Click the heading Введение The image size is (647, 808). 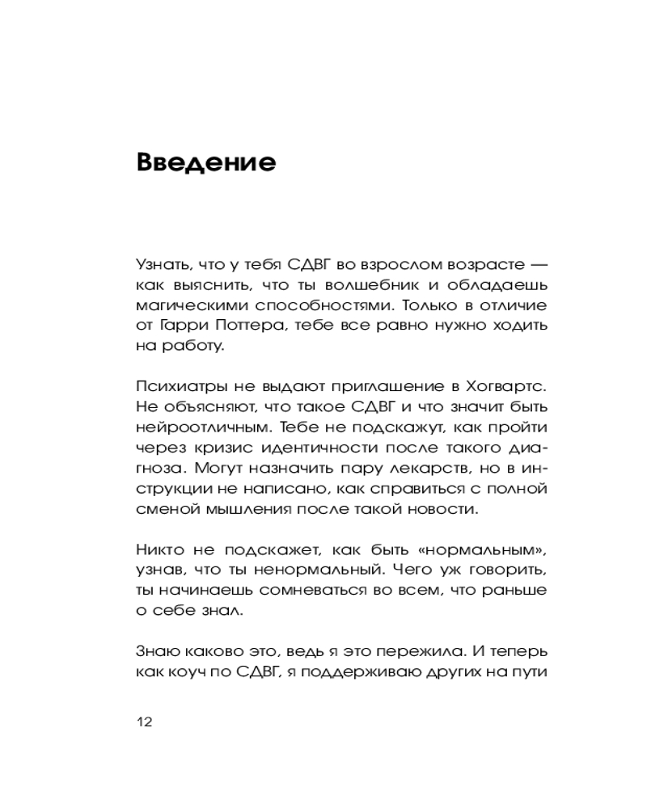pyautogui.click(x=206, y=162)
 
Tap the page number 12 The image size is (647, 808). pyautogui.click(x=145, y=722)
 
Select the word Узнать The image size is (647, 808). pyautogui.click(x=162, y=264)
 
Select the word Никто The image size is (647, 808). pyautogui.click(x=160, y=550)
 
